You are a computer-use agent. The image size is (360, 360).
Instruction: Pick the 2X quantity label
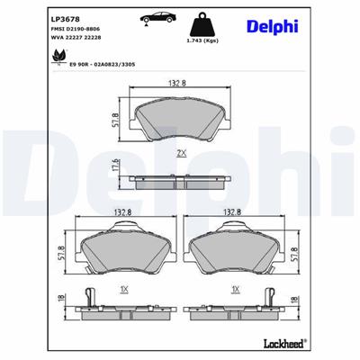click(181, 154)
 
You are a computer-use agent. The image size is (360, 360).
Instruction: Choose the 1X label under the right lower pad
click(236, 291)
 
